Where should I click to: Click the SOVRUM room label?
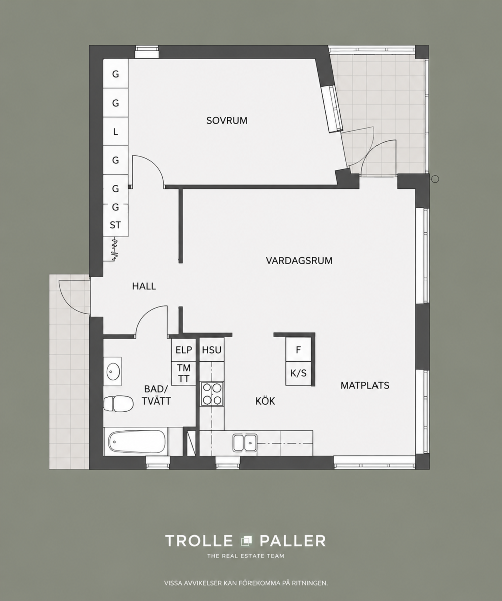click(227, 120)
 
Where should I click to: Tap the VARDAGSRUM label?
click(299, 261)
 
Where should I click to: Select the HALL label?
click(144, 286)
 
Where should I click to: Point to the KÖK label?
click(265, 401)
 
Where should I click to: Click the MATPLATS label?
click(365, 385)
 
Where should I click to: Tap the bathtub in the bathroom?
click(137, 441)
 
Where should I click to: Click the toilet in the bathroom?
click(118, 404)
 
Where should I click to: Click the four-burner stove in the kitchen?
click(212, 393)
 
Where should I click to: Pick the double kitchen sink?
click(245, 443)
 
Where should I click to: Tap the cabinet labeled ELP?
click(183, 350)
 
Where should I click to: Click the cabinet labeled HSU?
click(212, 350)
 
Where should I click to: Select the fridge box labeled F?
click(298, 350)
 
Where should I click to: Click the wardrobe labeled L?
click(115, 132)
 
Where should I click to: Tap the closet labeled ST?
click(115, 225)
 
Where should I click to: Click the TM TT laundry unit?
click(183, 374)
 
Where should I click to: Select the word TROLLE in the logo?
click(199, 541)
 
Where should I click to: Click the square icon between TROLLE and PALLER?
click(246, 541)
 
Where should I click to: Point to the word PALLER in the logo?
click(293, 541)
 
